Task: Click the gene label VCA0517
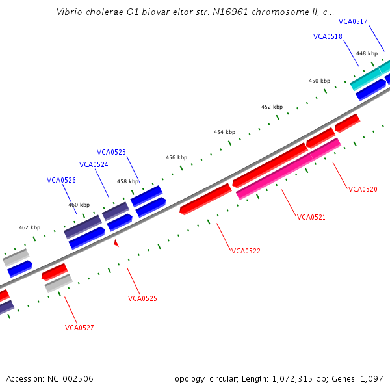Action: coord(353,21)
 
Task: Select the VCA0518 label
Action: coord(328,36)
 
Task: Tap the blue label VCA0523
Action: coord(111,152)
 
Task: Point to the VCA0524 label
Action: coord(94,164)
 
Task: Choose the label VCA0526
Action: coord(61,180)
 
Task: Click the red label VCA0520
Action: coord(363,189)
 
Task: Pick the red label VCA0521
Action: coord(311,217)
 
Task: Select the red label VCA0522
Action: coord(246,251)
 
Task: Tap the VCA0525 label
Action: coord(142,298)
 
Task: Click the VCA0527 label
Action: coord(79,328)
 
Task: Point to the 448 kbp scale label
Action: coord(367,53)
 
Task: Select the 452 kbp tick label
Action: coord(272,107)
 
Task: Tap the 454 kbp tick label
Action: coord(224,132)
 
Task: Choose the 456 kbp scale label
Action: coord(176,157)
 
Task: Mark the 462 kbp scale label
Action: coord(29,227)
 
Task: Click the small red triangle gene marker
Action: coord(116,243)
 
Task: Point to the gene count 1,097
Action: coord(372,378)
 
